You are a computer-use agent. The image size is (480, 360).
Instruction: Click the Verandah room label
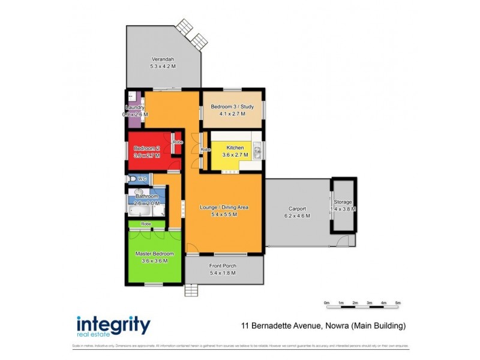coord(163,59)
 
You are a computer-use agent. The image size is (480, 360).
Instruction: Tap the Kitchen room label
coord(235,147)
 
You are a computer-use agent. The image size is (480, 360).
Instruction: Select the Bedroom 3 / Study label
coord(232,107)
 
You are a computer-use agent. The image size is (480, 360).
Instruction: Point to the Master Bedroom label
coord(151,254)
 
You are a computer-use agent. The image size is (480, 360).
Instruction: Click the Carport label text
coord(298,208)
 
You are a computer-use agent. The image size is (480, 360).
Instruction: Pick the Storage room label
coord(344,202)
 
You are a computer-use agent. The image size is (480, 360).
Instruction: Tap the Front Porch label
coord(223,265)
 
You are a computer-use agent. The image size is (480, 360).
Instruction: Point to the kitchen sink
coord(256,152)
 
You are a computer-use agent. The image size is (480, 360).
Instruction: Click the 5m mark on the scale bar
coord(398,302)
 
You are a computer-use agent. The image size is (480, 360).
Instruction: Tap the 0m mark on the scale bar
coord(327,302)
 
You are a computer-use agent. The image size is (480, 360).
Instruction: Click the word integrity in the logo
coord(113,325)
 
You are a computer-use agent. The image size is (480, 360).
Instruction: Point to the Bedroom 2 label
coord(146,148)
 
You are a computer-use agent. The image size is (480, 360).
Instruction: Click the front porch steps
coord(191,291)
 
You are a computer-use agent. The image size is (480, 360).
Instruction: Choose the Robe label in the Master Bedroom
coord(146,224)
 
